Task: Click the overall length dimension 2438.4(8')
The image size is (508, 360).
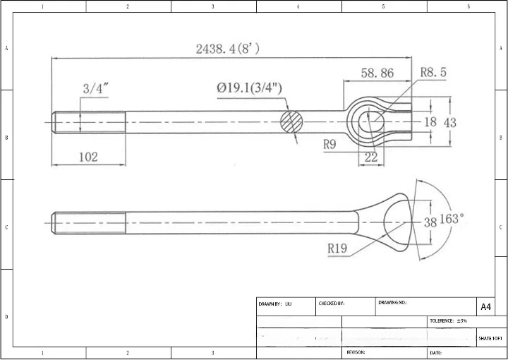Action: (227, 49)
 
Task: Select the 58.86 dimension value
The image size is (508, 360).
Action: (377, 73)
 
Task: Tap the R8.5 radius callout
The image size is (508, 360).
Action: (433, 72)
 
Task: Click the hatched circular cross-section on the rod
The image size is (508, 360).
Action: (291, 121)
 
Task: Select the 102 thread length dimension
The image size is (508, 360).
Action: (88, 157)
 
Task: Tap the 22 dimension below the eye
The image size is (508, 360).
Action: (371, 157)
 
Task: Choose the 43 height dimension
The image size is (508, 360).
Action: (449, 122)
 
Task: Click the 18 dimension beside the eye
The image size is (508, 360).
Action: (430, 122)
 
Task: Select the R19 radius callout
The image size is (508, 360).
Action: (339, 248)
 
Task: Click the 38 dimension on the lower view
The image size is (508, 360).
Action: (430, 222)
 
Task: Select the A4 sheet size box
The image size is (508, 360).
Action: (485, 307)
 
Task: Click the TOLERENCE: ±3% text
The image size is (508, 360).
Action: (448, 321)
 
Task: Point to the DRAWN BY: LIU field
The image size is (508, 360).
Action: (275, 304)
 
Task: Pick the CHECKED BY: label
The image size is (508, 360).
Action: (332, 304)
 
